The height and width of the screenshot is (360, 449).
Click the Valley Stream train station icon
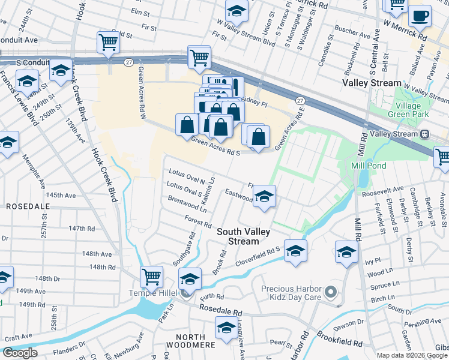[425, 134]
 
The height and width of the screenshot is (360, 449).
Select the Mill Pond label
[369, 165]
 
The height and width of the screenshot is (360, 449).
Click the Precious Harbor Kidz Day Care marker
[330, 293]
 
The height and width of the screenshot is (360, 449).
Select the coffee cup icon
[420, 16]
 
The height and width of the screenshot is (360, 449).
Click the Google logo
[20, 353]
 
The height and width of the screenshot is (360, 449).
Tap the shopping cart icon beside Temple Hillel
[151, 277]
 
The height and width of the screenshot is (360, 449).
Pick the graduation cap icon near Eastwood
[264, 197]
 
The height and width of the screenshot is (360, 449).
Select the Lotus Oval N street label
[187, 176]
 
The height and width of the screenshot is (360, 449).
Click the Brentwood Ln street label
[187, 206]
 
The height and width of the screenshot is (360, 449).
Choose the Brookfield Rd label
[340, 344]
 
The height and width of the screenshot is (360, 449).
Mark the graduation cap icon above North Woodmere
[226, 329]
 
